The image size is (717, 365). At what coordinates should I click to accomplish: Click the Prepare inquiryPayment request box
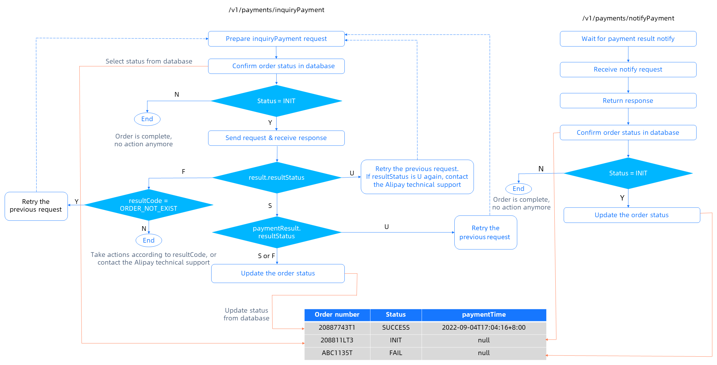coord(276,39)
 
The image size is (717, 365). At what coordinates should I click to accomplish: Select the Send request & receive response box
coord(276,138)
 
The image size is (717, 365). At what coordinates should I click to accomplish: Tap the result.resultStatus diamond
coord(277,178)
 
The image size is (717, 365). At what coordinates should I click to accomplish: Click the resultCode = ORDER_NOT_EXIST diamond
coord(148,205)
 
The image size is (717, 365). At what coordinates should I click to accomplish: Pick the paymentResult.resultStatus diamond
coord(277,232)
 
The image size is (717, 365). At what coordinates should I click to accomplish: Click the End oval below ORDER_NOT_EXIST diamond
coord(149,240)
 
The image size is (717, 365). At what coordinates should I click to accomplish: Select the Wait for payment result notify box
coord(628,39)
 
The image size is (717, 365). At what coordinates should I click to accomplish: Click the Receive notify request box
coord(628,69)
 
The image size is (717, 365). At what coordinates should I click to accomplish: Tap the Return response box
coord(628,101)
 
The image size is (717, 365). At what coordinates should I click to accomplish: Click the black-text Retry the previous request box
coord(36,206)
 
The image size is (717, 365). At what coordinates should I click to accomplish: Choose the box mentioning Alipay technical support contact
coord(417,177)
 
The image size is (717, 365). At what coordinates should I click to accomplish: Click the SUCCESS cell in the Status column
coord(396,328)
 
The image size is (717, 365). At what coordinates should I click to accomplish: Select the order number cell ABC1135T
coord(337,353)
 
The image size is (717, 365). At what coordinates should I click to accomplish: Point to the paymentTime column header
coord(483,314)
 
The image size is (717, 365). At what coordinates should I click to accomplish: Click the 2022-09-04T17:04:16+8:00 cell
coord(483,328)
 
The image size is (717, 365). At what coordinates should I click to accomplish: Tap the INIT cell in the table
coord(396,340)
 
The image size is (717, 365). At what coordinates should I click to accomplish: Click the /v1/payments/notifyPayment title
coord(628,18)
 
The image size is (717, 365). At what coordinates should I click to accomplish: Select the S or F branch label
coord(266,256)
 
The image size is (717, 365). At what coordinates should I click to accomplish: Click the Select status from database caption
coord(149,61)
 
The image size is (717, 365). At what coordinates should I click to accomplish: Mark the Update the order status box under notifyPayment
coord(632,215)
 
